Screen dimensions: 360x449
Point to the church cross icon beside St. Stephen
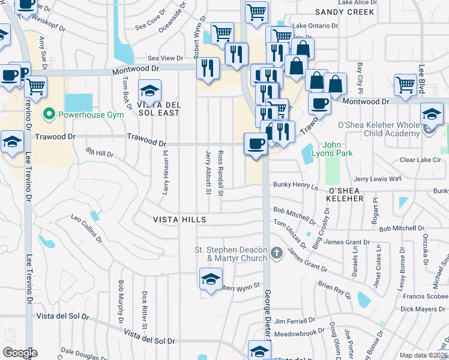point(276,253)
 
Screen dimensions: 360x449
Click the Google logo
point(20,353)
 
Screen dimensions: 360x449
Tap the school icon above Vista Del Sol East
point(149,91)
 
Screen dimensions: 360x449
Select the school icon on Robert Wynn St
point(211,279)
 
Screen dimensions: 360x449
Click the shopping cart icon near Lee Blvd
point(406,85)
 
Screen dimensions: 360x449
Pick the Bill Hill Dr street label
point(100,154)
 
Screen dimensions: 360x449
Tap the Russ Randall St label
point(221,173)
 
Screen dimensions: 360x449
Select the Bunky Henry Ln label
point(295,186)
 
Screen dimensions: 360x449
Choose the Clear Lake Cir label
point(420,160)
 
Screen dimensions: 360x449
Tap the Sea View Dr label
point(165,58)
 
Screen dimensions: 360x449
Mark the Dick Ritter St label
point(145,306)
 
